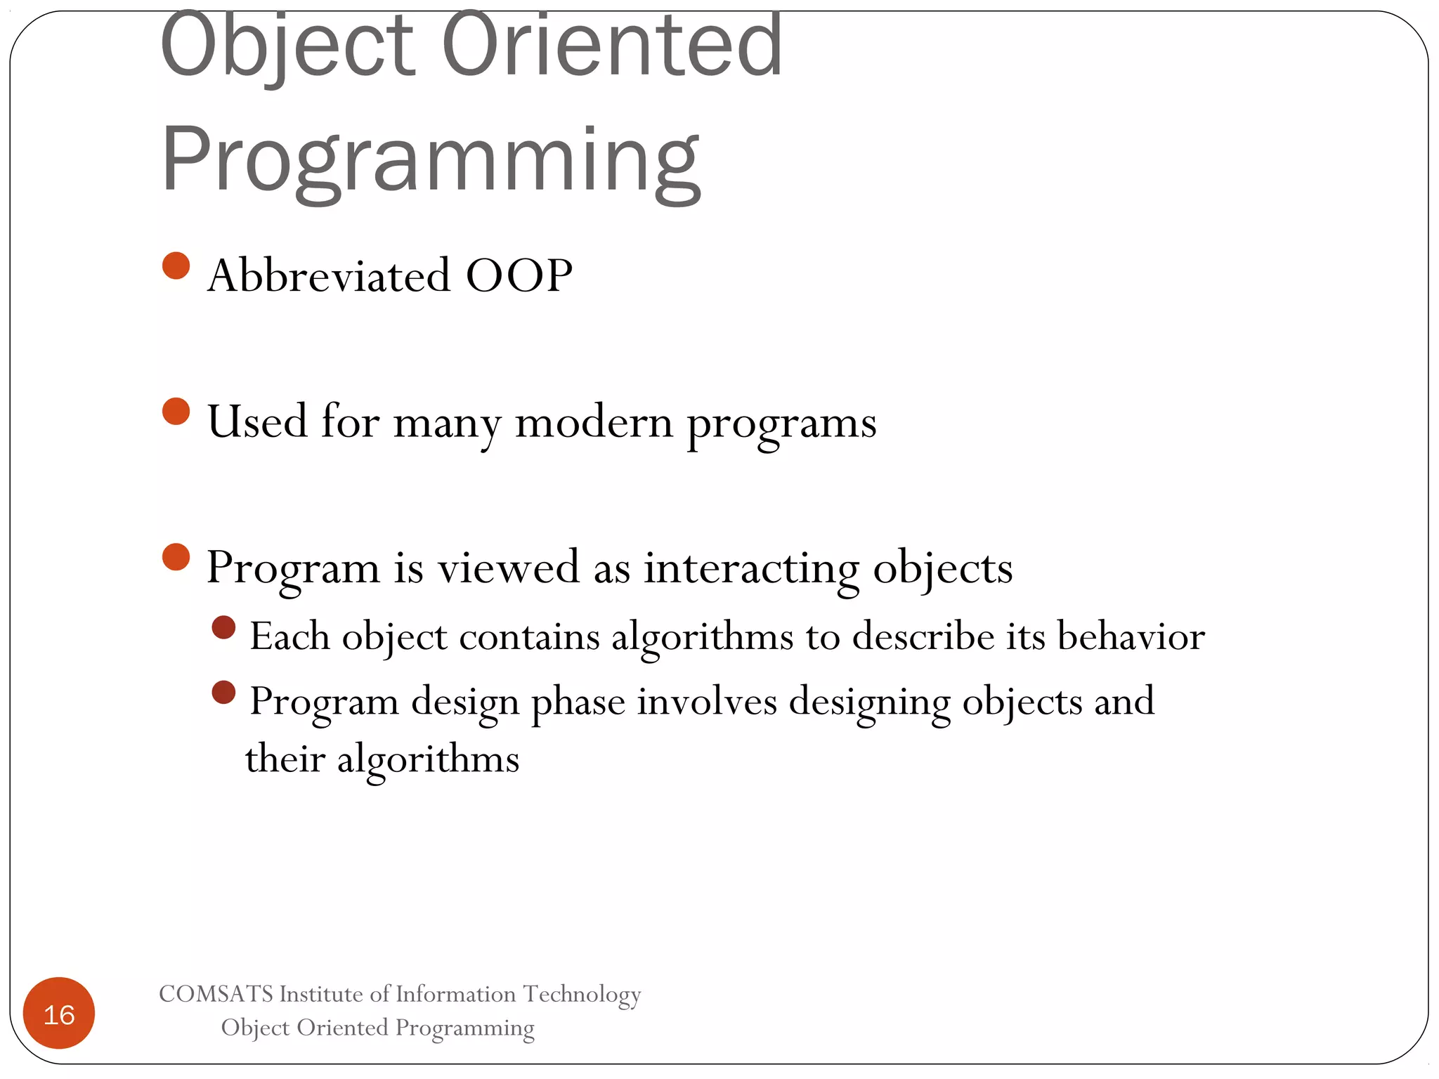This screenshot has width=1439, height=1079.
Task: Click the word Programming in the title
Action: coord(430,160)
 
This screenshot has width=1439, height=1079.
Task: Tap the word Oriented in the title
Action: coord(611,46)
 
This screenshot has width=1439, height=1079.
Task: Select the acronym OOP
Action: coord(519,275)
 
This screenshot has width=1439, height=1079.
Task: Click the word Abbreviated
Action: coord(328,275)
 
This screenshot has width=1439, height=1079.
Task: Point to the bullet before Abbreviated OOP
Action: coord(176,266)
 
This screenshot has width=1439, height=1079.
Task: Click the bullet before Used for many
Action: coord(176,412)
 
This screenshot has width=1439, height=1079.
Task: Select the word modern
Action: coord(594,422)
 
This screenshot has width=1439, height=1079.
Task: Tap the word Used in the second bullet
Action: coord(257,421)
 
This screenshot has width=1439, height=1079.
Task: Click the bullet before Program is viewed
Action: coord(176,557)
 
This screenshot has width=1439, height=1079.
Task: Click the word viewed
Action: coord(509,567)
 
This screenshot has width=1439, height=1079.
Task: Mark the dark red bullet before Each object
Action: coord(223,627)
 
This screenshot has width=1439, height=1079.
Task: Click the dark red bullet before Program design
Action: coord(223,693)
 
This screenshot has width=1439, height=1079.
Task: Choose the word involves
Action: coord(707,702)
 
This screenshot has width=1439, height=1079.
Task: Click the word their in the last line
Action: coord(285,759)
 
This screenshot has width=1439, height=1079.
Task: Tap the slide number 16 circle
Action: coord(59,1013)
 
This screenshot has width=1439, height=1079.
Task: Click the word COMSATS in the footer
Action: coord(216,994)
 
